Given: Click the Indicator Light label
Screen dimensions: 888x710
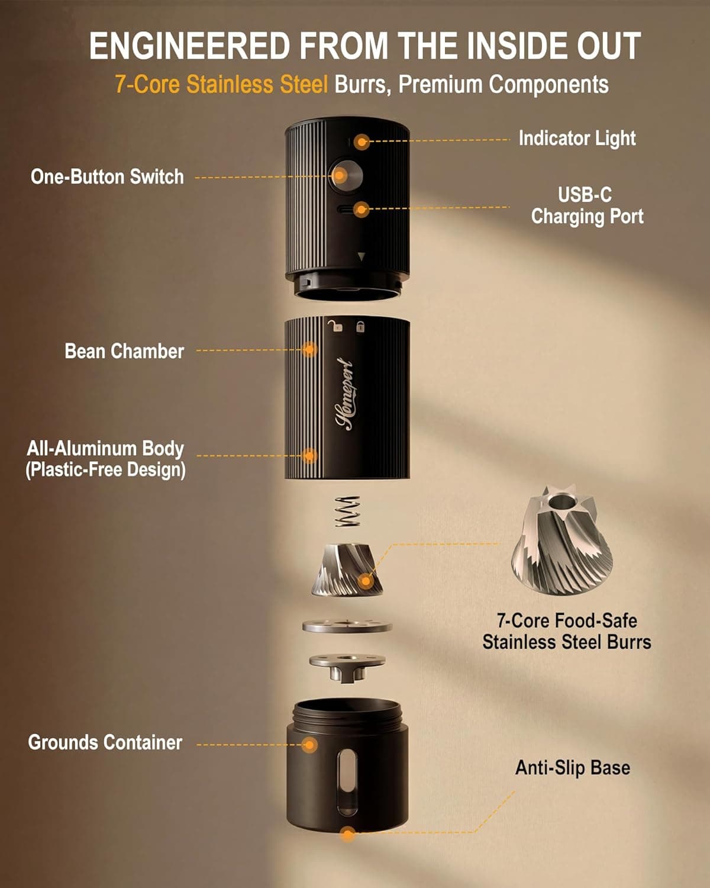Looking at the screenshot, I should (577, 139).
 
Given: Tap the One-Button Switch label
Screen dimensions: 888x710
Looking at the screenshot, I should (107, 177).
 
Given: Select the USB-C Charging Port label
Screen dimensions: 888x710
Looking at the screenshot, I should (587, 205).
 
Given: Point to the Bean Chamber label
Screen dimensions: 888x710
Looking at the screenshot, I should (124, 351).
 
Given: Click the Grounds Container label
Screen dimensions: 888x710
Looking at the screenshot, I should (105, 742).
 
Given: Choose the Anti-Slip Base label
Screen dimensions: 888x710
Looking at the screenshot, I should (572, 768).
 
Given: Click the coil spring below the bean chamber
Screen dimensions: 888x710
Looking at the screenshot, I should (347, 511).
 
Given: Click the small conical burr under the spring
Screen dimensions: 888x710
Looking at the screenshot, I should (346, 570).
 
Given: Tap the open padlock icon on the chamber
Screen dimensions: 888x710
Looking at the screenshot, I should (336, 325).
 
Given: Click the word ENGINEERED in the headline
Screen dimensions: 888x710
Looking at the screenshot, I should (190, 46).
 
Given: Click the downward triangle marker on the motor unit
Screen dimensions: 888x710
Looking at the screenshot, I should (362, 256).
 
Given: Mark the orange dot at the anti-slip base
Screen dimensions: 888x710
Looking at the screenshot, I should (348, 835).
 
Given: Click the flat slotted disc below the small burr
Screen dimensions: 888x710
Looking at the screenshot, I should (347, 625).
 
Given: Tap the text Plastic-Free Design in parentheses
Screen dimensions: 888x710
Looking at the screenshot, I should (105, 470).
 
